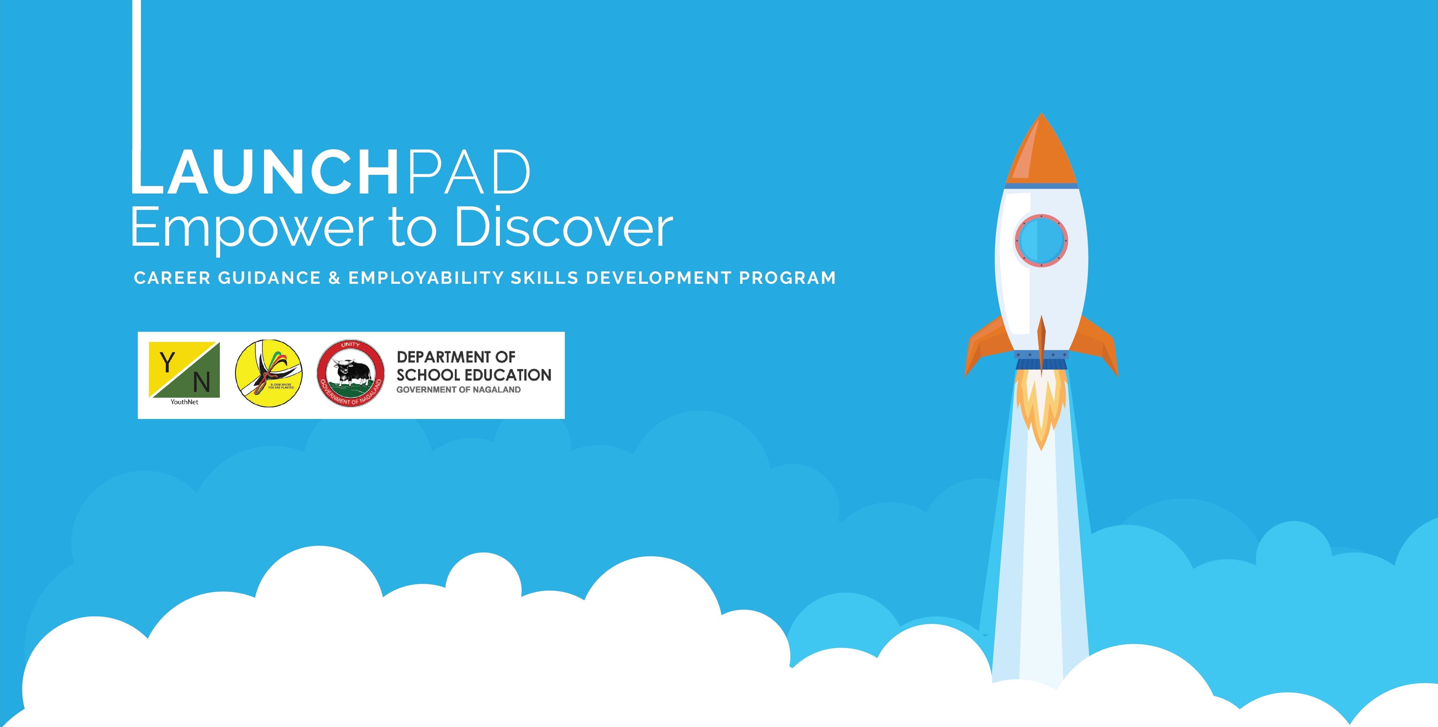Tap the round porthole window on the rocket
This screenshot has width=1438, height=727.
pyautogui.click(x=1041, y=241)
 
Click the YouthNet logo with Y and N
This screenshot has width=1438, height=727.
pyautogui.click(x=184, y=370)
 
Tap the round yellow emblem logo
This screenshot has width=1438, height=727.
pyautogui.click(x=269, y=373)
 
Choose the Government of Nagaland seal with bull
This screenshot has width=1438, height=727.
pyautogui.click(x=351, y=373)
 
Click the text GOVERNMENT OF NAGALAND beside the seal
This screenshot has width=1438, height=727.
pyautogui.click(x=458, y=390)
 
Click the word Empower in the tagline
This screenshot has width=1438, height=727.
pyautogui.click(x=251, y=228)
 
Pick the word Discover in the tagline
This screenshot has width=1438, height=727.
pyautogui.click(x=564, y=228)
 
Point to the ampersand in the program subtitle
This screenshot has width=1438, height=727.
pyautogui.click(x=334, y=277)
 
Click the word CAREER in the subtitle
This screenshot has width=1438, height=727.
pyautogui.click(x=172, y=277)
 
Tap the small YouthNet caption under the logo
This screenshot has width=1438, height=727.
pyautogui.click(x=184, y=402)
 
